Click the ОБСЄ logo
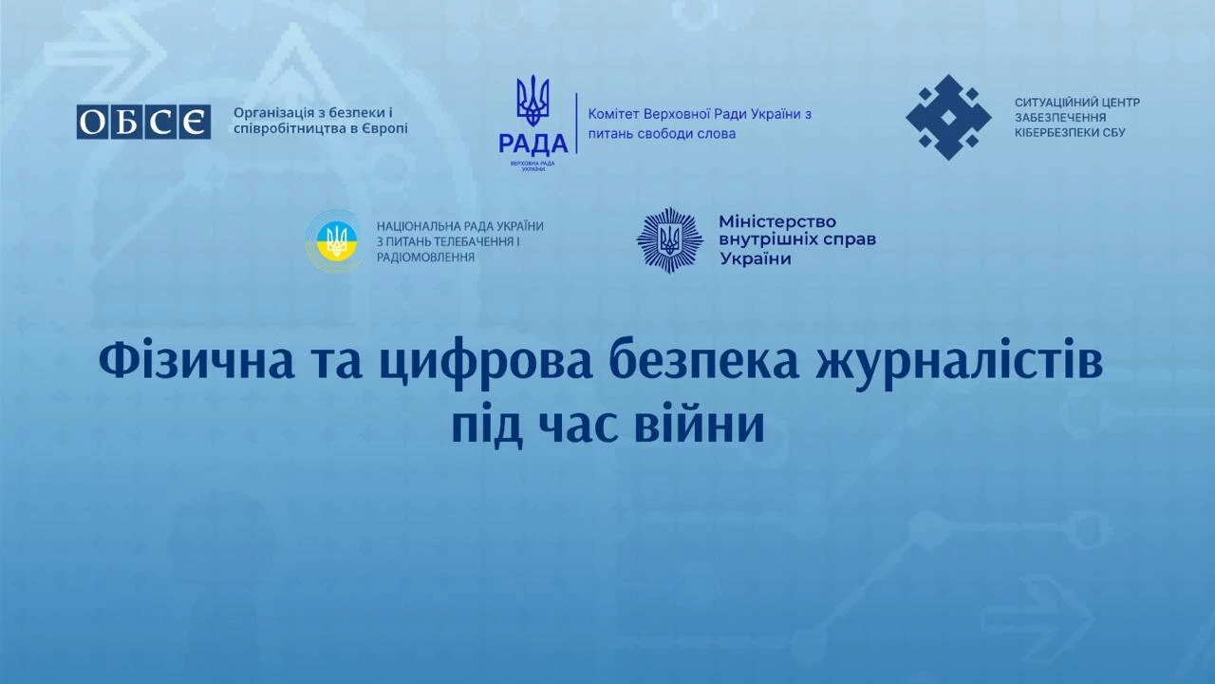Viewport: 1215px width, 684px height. click(143, 123)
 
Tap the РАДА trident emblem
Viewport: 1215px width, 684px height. click(533, 100)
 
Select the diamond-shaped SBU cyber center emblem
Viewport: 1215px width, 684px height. click(947, 117)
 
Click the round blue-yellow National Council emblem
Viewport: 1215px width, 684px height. click(333, 241)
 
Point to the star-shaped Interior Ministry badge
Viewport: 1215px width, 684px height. click(669, 240)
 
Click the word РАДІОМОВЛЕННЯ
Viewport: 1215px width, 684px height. click(425, 257)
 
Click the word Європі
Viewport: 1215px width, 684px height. click(383, 128)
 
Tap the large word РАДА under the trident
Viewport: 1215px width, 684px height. click(533, 143)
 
